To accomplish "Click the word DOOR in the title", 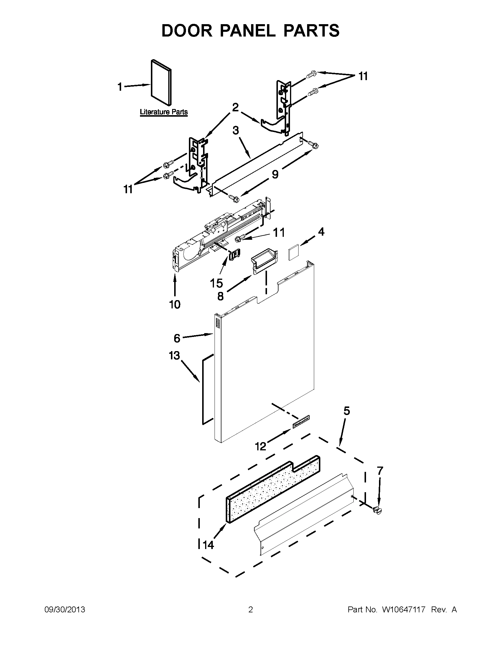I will pyautogui.click(x=187, y=31).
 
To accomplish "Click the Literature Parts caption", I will pyautogui.click(x=164, y=112).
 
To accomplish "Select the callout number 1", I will pyautogui.click(x=120, y=87).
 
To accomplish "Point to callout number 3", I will pyautogui.click(x=235, y=130).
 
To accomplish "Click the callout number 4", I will pyautogui.click(x=321, y=232).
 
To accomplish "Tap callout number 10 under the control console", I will pyautogui.click(x=175, y=305).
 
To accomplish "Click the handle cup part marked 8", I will pyautogui.click(x=265, y=260).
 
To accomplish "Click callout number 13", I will pyautogui.click(x=174, y=355).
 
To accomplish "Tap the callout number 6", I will pyautogui.click(x=177, y=338).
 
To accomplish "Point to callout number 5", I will pyautogui.click(x=347, y=411).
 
